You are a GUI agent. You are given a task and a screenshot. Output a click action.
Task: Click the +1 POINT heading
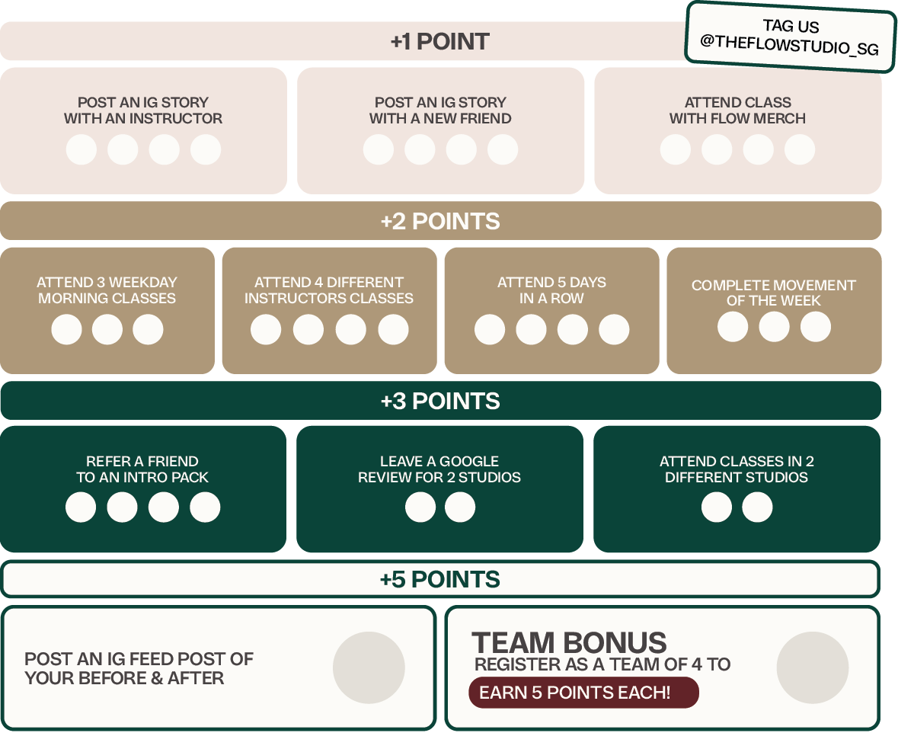pyautogui.click(x=439, y=42)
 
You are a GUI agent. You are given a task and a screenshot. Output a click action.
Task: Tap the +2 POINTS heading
pyautogui.click(x=440, y=222)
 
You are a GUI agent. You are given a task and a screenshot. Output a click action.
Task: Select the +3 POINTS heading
pyautogui.click(x=440, y=402)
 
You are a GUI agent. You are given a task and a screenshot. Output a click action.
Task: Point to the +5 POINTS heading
pyautogui.click(x=440, y=580)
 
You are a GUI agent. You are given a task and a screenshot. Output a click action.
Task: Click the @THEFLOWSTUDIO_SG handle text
pyautogui.click(x=790, y=46)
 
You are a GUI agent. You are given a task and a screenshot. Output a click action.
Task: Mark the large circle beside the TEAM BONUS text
pyautogui.click(x=813, y=668)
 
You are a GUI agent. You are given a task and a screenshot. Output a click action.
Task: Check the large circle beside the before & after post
pyautogui.click(x=369, y=668)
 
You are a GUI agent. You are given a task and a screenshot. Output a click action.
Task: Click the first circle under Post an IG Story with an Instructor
pyautogui.click(x=81, y=149)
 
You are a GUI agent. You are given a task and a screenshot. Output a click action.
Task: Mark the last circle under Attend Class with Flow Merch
pyautogui.click(x=799, y=149)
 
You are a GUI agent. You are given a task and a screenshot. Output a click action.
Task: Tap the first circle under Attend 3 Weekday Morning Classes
pyautogui.click(x=67, y=330)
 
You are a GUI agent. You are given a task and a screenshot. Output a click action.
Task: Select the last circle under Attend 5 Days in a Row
pyautogui.click(x=614, y=330)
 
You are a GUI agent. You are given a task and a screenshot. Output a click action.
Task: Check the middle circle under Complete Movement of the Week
pyautogui.click(x=774, y=327)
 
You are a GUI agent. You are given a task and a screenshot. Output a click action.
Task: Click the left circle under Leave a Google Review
pyautogui.click(x=420, y=507)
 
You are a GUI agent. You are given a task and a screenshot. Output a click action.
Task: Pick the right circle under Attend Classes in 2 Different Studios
pyautogui.click(x=757, y=507)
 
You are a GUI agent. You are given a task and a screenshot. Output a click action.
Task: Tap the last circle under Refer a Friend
pyautogui.click(x=205, y=507)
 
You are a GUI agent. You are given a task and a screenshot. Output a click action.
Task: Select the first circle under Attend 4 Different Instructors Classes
pyautogui.click(x=266, y=330)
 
